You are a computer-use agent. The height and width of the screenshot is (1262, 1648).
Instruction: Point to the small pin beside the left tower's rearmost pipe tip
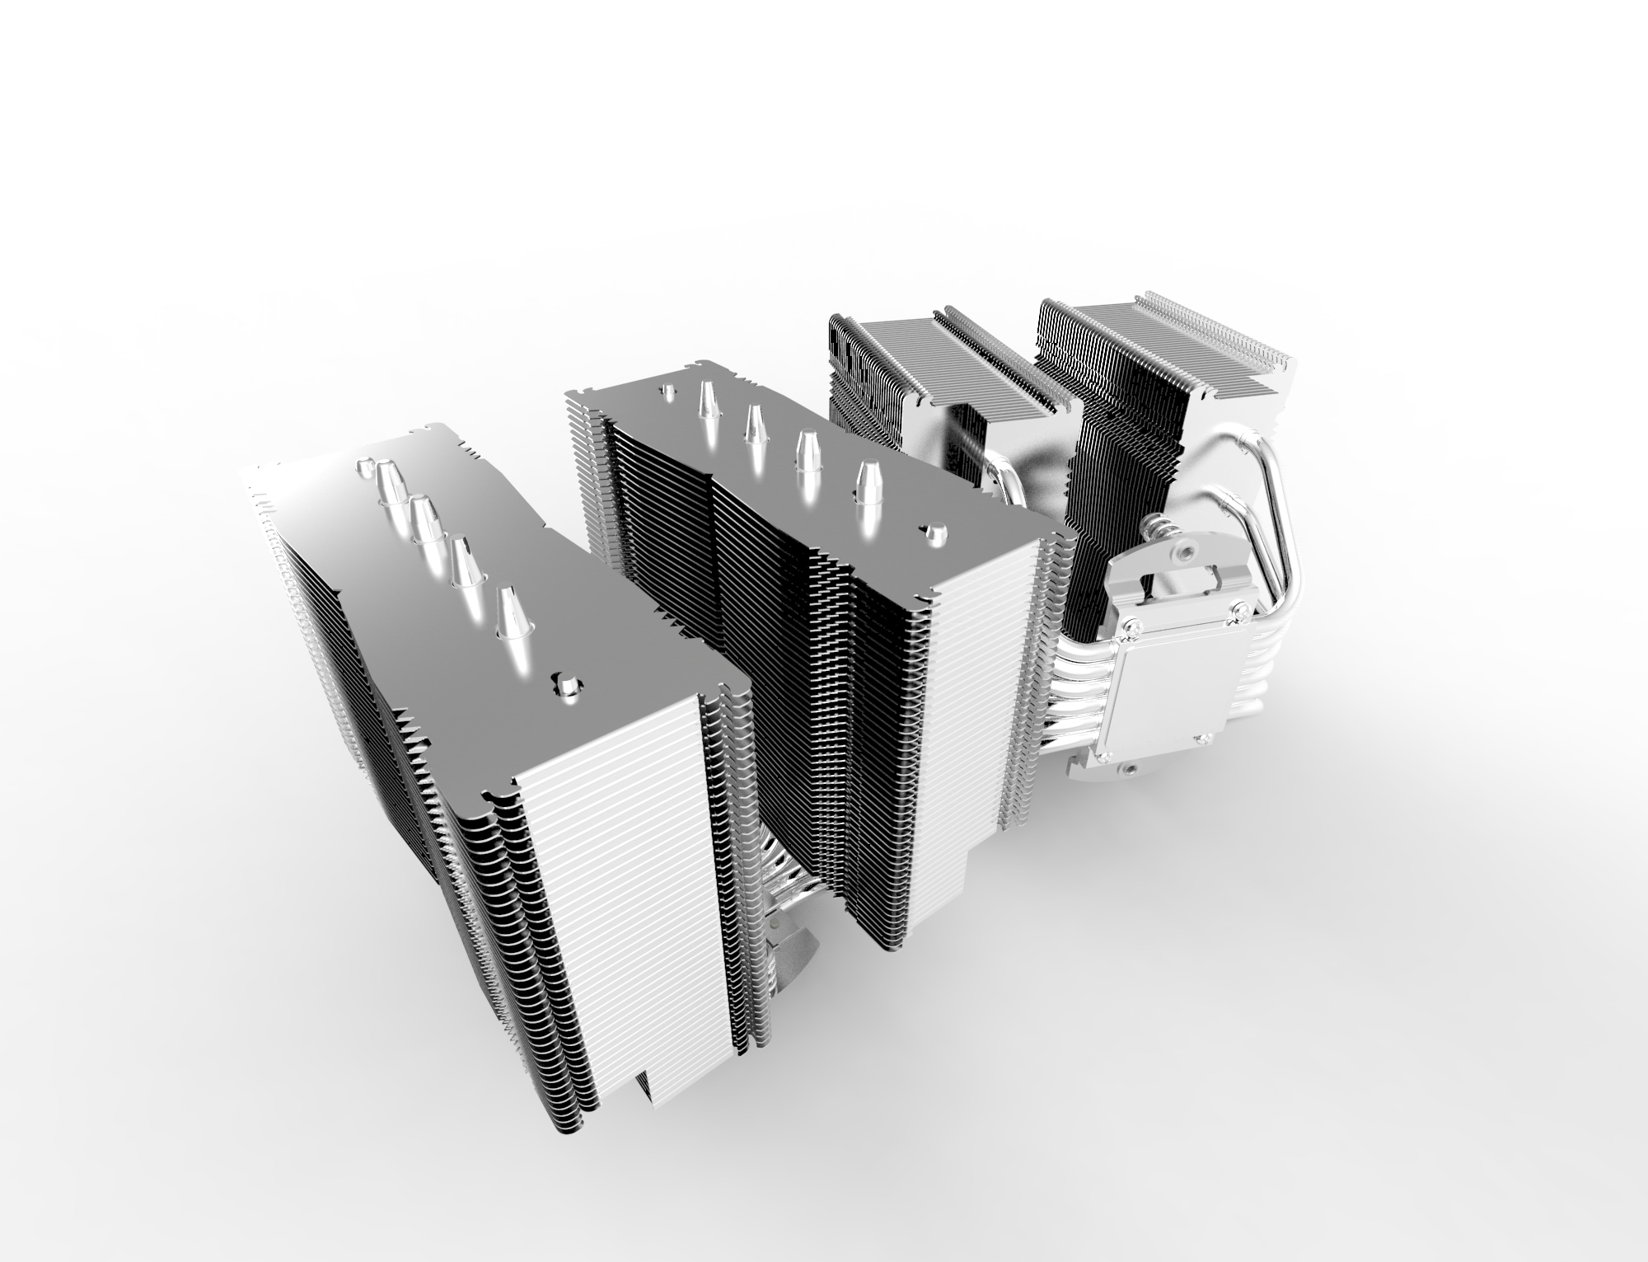[363, 467]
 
